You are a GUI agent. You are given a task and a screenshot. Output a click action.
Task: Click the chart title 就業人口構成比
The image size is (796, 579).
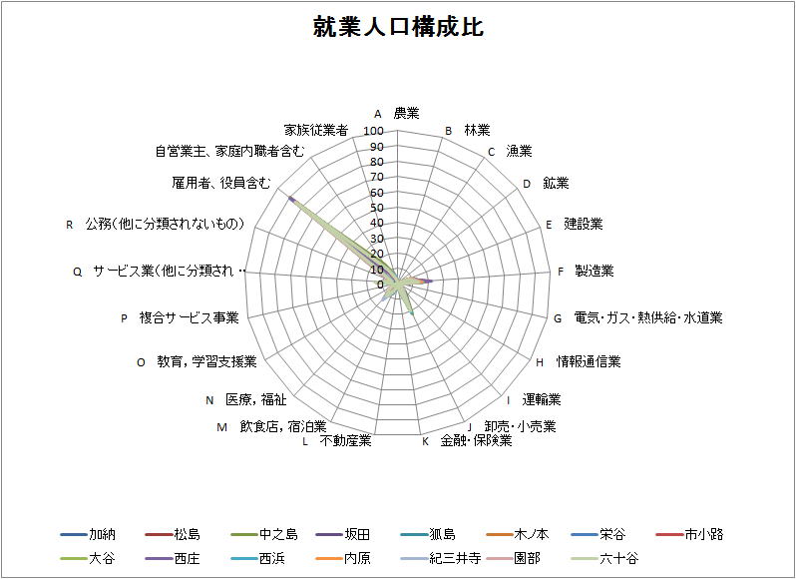[x=398, y=26]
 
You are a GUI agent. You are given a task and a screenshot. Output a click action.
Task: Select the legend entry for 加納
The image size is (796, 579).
[x=88, y=534]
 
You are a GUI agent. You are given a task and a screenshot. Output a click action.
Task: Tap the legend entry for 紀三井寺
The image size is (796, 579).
[x=440, y=559]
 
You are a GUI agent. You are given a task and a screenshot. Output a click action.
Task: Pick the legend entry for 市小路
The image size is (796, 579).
[x=689, y=534]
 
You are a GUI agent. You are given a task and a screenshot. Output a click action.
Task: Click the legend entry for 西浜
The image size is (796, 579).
[x=258, y=559]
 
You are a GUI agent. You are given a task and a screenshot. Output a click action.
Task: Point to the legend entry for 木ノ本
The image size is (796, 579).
[x=517, y=534]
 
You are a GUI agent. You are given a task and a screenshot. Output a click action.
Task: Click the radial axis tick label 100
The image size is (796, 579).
[x=374, y=131]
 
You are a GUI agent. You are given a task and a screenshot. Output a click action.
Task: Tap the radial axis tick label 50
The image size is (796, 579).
[x=377, y=208]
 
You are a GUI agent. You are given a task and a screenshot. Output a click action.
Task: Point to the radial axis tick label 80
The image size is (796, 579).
[x=377, y=162]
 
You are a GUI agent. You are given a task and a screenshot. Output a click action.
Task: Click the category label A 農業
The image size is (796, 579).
[x=397, y=113]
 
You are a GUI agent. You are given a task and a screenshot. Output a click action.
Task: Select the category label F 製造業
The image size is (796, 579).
[x=586, y=271]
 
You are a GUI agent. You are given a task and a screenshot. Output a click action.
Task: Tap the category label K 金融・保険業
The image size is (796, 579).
[x=467, y=440]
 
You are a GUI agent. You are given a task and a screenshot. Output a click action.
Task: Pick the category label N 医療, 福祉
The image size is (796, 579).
[x=246, y=399]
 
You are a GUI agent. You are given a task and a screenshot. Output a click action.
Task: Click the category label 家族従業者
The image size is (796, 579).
[x=316, y=130]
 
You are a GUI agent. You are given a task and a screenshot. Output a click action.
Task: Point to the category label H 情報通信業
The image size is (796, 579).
[x=579, y=361]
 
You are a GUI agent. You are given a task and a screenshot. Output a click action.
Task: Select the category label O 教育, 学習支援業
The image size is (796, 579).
[x=197, y=361]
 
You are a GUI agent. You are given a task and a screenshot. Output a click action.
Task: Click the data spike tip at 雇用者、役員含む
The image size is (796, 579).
[x=289, y=198]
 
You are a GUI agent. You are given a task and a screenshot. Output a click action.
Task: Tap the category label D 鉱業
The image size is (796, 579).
[x=547, y=184]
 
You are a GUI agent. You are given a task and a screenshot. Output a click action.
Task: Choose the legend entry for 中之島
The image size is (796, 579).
[x=264, y=534]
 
